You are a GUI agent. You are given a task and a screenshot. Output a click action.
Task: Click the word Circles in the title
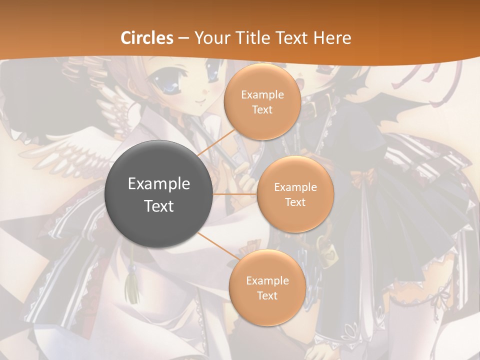tap(146, 38)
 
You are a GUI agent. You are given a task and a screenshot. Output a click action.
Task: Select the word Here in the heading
tap(332, 38)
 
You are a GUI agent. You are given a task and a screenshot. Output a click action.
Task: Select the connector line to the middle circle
tap(235, 193)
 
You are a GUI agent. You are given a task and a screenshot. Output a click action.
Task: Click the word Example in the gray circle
tap(159, 184)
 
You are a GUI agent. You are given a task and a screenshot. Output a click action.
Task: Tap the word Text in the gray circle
tap(159, 206)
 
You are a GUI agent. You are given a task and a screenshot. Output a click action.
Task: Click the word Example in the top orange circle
tap(262, 94)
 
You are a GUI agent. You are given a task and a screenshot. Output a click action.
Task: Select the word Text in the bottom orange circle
tap(267, 295)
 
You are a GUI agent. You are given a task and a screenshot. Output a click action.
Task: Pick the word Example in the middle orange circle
tap(295, 187)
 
